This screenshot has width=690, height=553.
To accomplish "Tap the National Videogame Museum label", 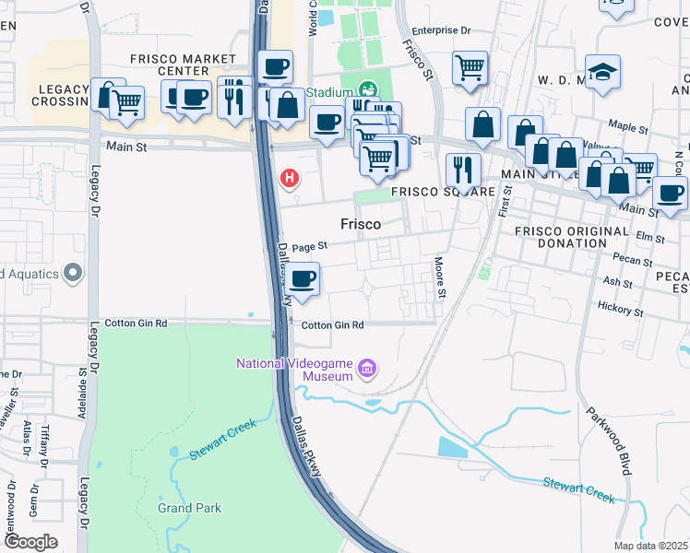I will (x=295, y=370).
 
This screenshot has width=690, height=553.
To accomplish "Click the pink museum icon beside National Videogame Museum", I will (x=367, y=370).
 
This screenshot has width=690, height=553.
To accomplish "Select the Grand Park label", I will (x=188, y=508).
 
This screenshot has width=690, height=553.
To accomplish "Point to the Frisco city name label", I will (x=361, y=223).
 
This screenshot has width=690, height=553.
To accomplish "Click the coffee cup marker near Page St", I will (x=302, y=278).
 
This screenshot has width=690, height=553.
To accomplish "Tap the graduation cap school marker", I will (x=603, y=72).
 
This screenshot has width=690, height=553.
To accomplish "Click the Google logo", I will (x=30, y=542).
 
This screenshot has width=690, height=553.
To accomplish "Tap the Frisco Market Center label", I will (x=183, y=65).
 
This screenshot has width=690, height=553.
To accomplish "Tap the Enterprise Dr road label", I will (x=442, y=30).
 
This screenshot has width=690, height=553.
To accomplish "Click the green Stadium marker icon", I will (x=368, y=90).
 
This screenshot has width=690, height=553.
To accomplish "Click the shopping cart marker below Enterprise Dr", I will (x=470, y=67).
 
